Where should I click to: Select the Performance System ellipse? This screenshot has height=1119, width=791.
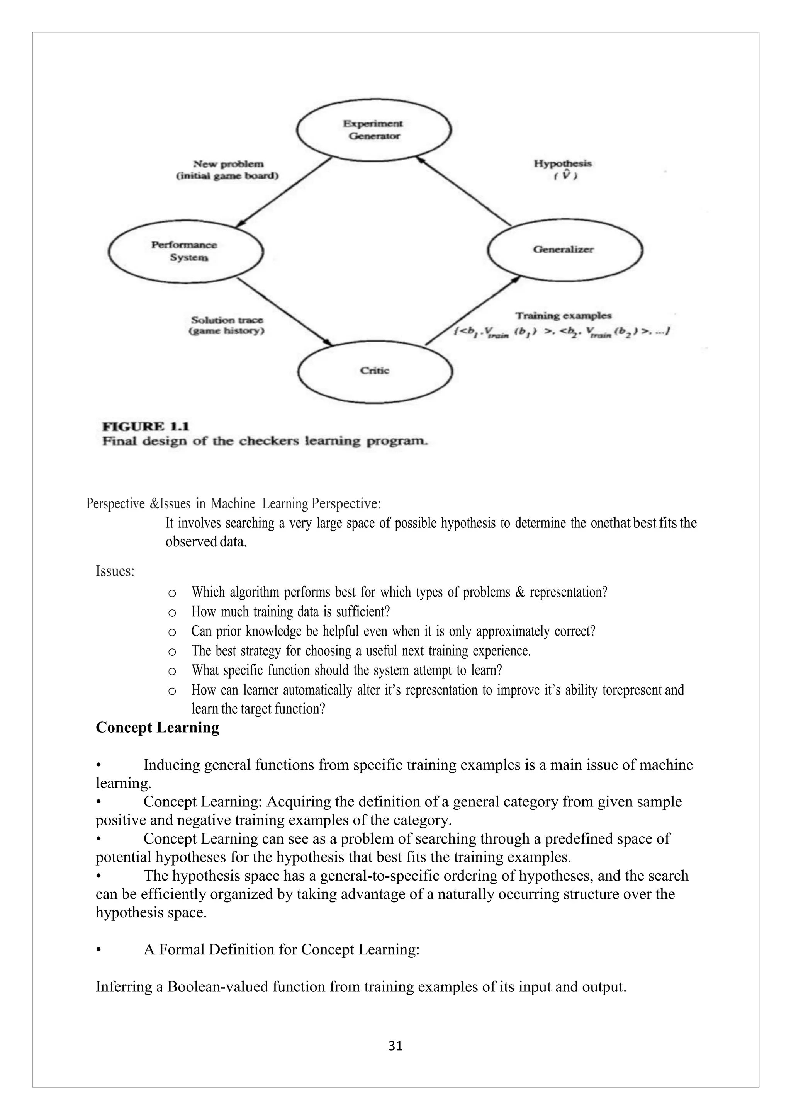(x=185, y=252)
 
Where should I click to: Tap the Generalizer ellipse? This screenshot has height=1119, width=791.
(x=565, y=250)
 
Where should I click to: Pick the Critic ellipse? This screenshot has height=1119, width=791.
(x=375, y=371)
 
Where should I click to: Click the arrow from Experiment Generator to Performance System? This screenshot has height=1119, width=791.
(x=283, y=192)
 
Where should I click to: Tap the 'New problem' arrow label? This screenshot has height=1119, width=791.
(x=228, y=164)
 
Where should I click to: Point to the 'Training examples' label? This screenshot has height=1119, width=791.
(x=563, y=315)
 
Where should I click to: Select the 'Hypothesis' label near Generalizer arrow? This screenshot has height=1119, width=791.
(x=563, y=163)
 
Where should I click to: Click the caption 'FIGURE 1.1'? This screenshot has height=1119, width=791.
(x=145, y=427)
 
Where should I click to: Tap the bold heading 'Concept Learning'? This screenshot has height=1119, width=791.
(x=157, y=727)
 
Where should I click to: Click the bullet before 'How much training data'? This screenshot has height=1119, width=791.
(x=171, y=612)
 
